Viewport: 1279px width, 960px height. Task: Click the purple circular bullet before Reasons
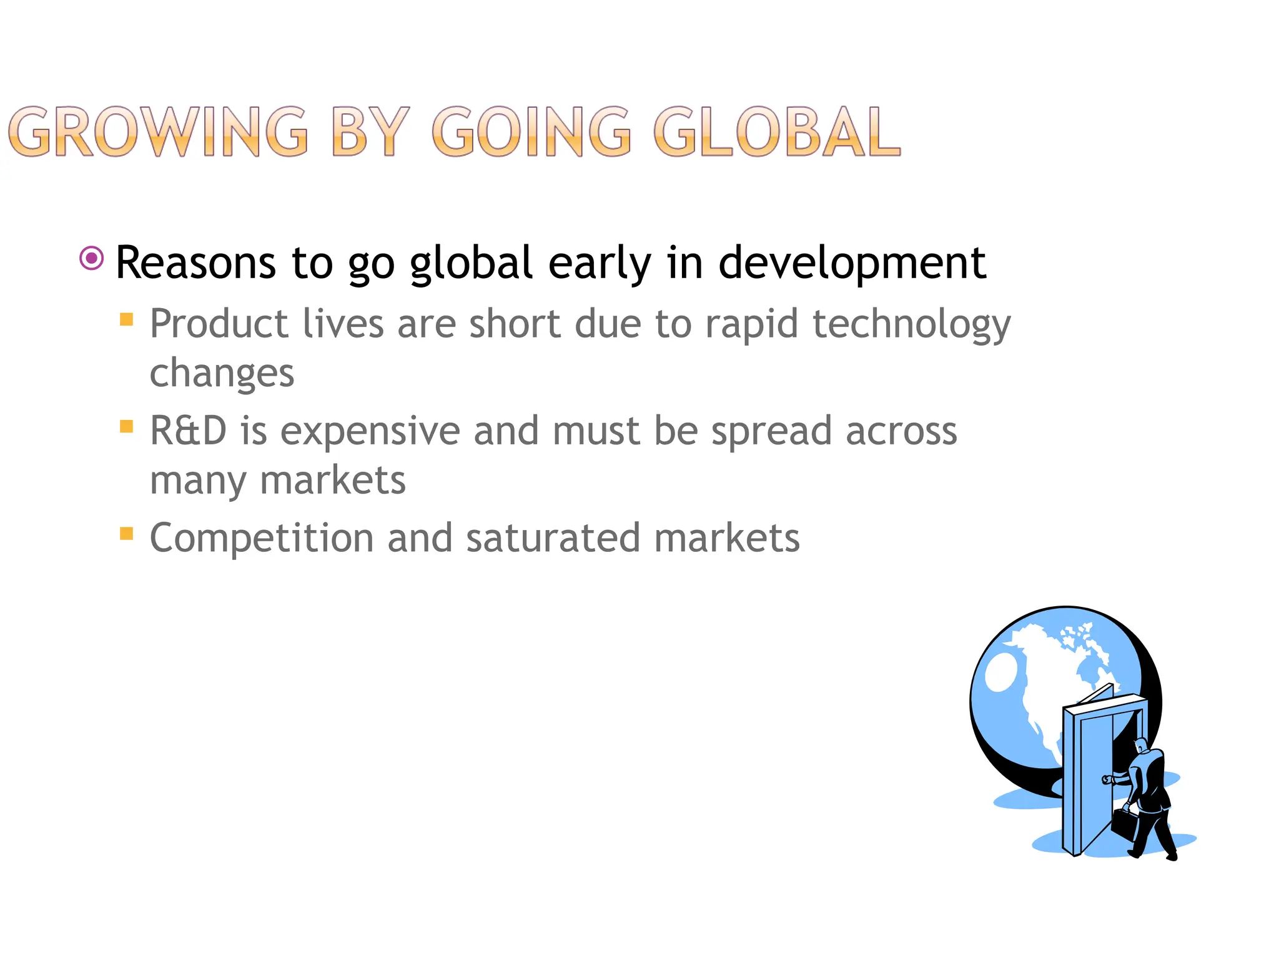92,258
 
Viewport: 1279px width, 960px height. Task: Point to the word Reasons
195,263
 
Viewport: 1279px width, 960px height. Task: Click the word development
852,263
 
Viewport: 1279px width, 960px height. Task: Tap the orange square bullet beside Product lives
127,320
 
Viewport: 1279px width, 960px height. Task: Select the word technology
911,324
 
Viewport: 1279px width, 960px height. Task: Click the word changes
222,374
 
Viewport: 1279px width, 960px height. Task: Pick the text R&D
188,431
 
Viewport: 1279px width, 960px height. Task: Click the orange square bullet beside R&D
127,427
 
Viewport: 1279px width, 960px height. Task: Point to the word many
199,481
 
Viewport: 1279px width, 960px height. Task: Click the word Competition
262,538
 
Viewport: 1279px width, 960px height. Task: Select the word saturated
553,538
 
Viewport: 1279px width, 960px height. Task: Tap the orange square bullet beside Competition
127,534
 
